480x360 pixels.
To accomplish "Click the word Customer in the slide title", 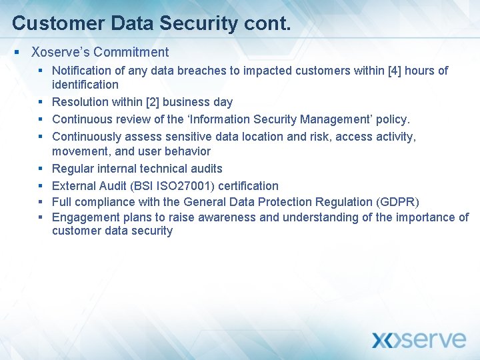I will [49, 23].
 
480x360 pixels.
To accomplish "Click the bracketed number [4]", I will [393, 71].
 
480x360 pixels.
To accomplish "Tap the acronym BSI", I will [144, 185].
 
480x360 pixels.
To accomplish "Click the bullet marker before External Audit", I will [41, 185].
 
